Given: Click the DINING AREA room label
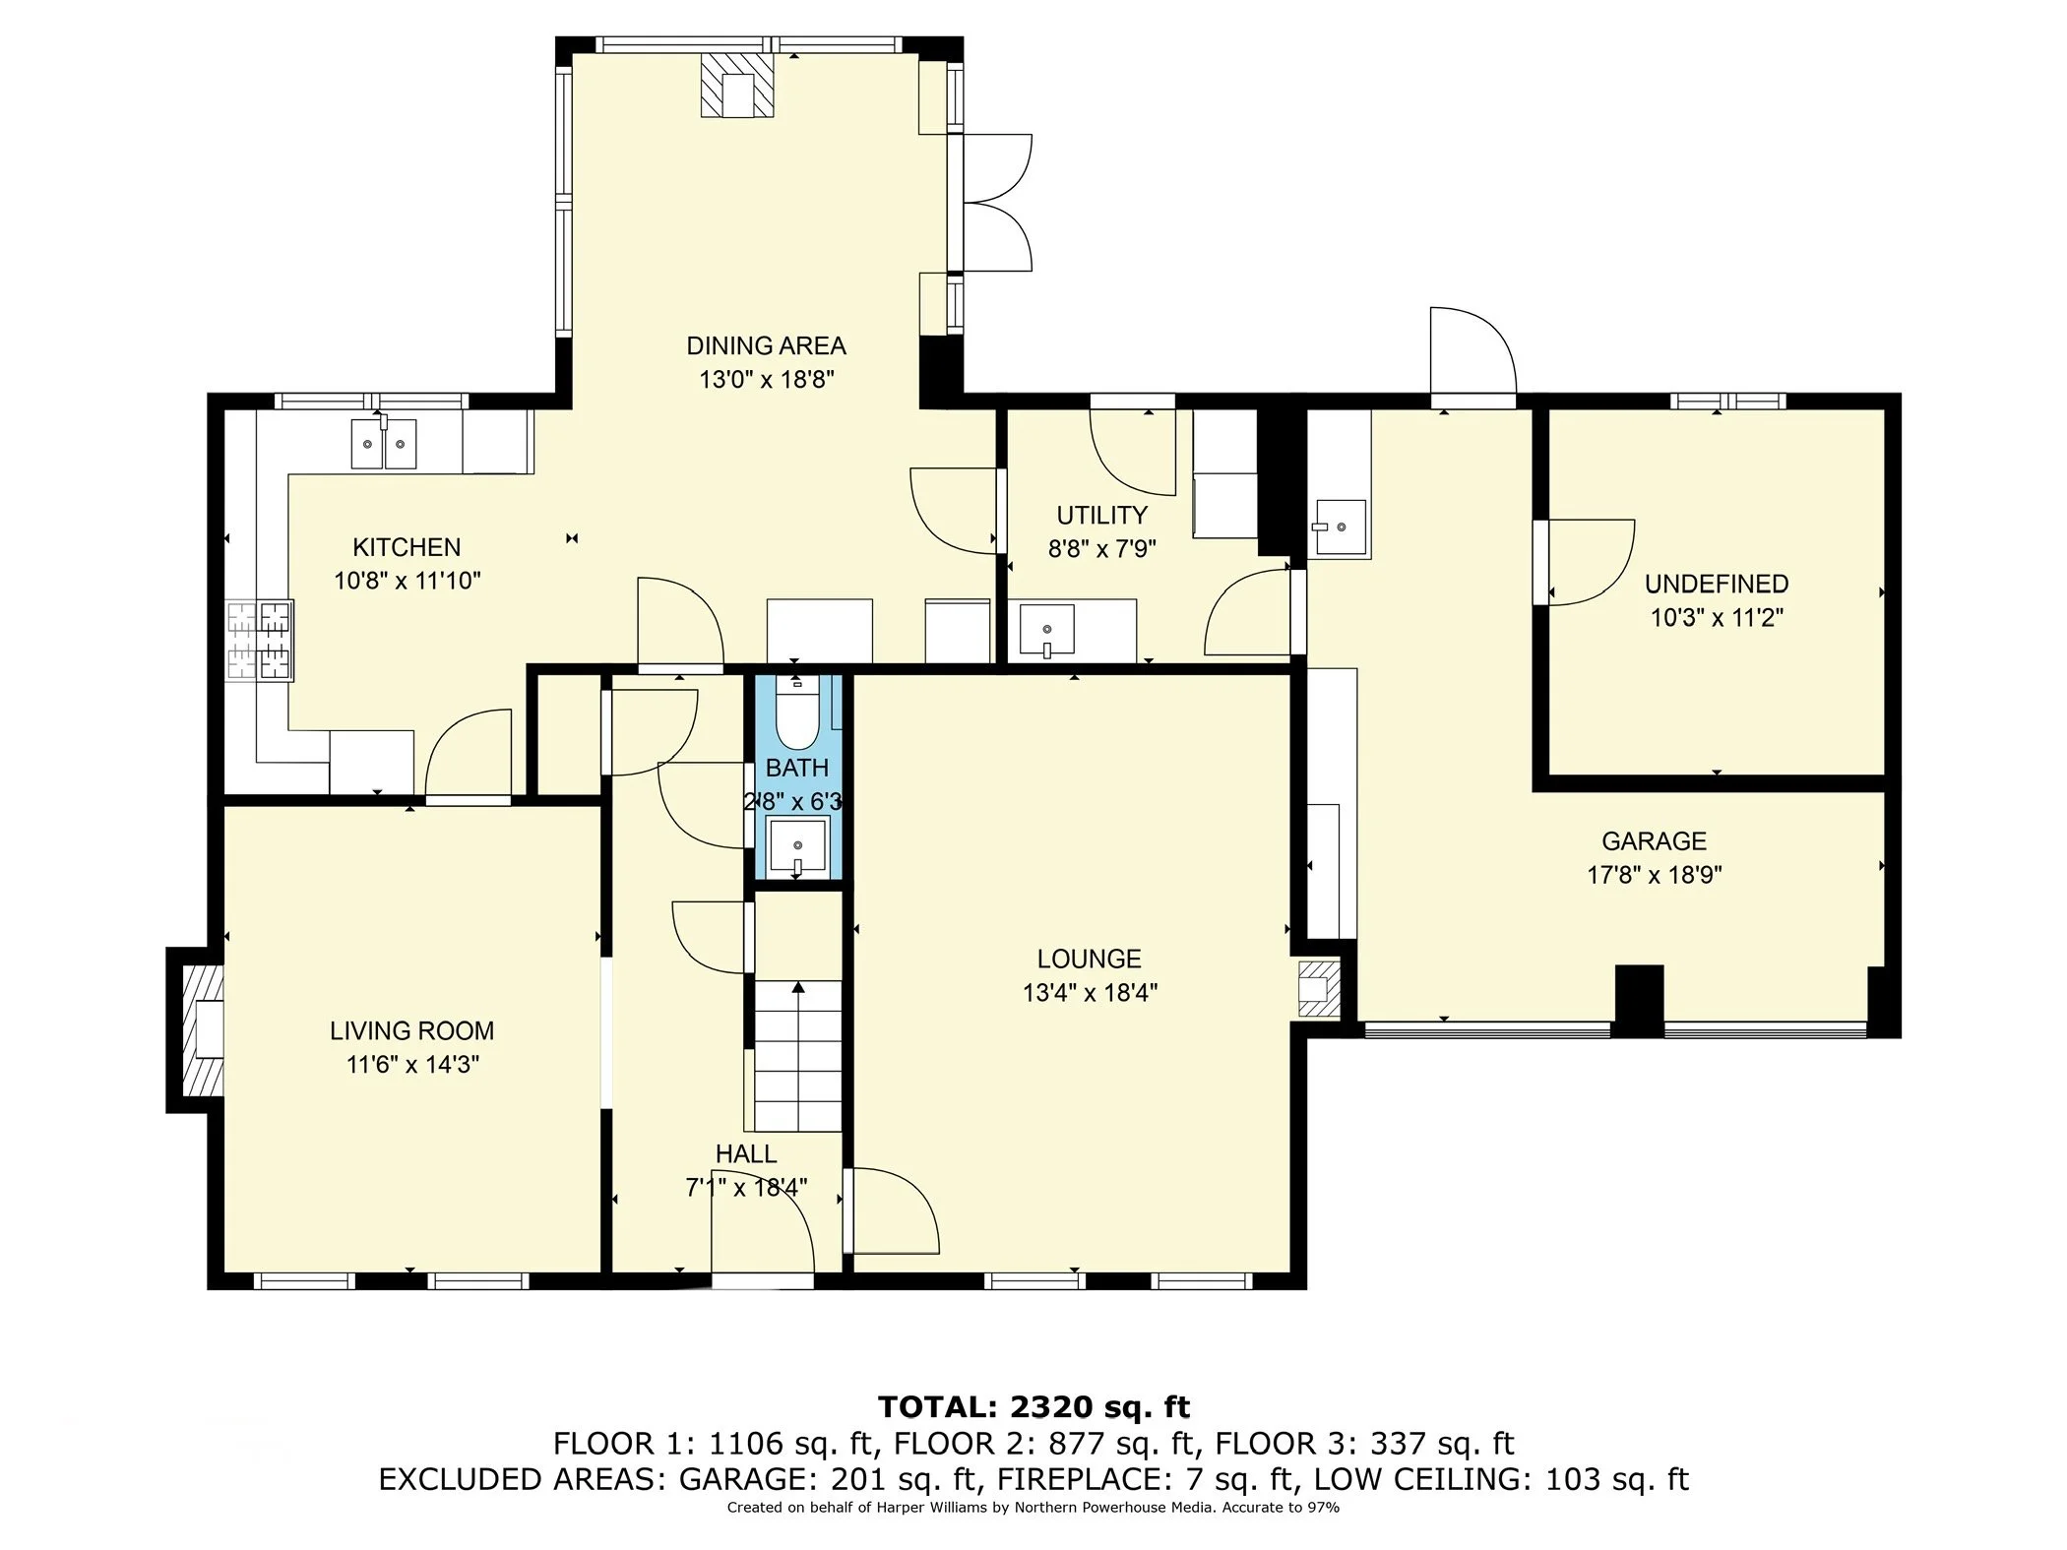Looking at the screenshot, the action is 766,345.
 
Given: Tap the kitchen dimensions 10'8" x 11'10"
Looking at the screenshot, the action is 407,581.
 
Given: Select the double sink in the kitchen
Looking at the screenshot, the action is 384,443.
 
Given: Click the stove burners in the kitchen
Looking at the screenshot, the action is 260,641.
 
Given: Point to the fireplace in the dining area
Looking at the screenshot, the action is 736,86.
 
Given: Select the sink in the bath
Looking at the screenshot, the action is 798,845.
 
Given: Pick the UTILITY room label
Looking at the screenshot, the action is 1101,515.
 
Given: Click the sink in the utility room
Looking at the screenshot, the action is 1046,630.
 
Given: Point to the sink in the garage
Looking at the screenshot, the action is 1340,527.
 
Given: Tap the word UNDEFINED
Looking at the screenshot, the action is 1717,584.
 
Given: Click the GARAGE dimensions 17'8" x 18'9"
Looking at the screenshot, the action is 1654,875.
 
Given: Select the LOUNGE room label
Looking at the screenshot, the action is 1089,959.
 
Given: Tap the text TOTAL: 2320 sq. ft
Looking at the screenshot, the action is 1033,1406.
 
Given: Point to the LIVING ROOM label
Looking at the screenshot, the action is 411,1030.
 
